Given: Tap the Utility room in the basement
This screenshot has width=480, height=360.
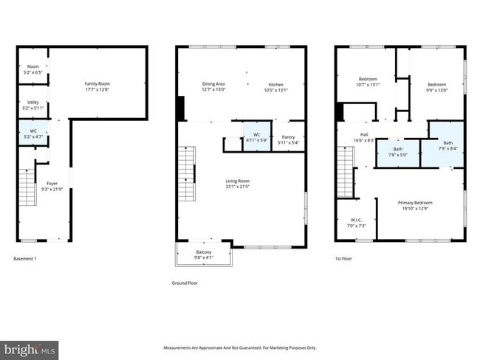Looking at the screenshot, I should point(32,105).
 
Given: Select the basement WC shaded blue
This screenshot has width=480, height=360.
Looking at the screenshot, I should point(32,134).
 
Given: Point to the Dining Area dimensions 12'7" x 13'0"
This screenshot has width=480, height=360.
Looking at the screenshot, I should point(214,90).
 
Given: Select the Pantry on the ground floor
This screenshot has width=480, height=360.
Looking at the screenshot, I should point(289,139).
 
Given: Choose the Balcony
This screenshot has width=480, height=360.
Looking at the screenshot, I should point(203,254).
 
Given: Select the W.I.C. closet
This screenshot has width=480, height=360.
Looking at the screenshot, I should point(356,222).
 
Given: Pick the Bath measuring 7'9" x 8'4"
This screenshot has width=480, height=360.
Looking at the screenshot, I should point(448,145).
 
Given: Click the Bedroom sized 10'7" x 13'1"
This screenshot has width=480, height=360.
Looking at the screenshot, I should point(368,81).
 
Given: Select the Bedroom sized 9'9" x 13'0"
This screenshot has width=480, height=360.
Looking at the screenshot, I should point(434,81).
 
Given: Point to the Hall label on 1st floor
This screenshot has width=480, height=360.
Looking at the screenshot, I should point(364,136).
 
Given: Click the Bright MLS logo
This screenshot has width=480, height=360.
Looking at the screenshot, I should point(29,347).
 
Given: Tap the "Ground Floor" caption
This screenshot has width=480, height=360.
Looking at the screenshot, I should point(184,283).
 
